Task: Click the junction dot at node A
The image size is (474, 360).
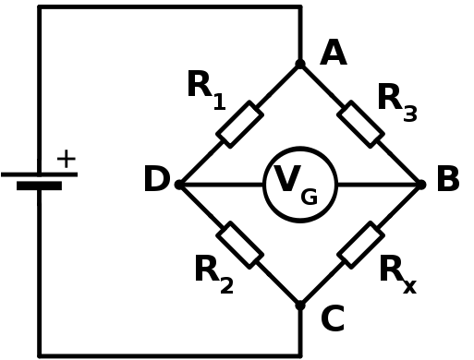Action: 300,64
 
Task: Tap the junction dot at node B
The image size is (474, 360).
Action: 421,185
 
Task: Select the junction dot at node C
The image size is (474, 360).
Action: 300,306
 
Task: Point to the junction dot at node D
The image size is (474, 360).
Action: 179,185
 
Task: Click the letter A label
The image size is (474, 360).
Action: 333,54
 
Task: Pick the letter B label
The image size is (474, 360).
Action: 447,181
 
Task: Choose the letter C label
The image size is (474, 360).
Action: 332,319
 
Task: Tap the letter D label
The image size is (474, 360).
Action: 156,181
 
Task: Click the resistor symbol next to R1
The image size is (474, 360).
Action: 240,125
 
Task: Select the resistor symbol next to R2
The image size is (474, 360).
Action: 240,245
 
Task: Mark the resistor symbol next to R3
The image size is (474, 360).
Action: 361,125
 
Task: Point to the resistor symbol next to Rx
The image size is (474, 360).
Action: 361,245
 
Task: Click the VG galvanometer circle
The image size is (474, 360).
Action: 300,185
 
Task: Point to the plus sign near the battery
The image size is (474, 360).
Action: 66,159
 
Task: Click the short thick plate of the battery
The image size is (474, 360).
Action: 39,186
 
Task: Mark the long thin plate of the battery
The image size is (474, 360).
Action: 39,174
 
